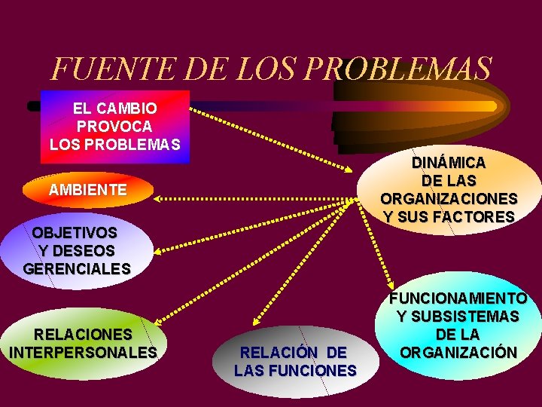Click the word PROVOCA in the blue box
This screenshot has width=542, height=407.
(x=114, y=126)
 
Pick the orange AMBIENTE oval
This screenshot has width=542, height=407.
(x=87, y=190)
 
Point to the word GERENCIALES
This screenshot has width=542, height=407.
(x=77, y=268)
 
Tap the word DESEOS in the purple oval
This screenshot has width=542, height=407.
(x=86, y=250)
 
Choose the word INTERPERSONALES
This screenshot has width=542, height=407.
(x=83, y=352)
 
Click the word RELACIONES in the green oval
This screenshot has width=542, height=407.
(x=83, y=334)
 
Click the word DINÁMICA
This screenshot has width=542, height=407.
(x=449, y=163)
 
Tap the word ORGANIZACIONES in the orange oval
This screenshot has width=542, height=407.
(x=449, y=199)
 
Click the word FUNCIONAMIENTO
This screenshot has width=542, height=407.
(x=458, y=298)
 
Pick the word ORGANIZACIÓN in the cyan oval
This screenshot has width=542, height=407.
(x=458, y=352)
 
